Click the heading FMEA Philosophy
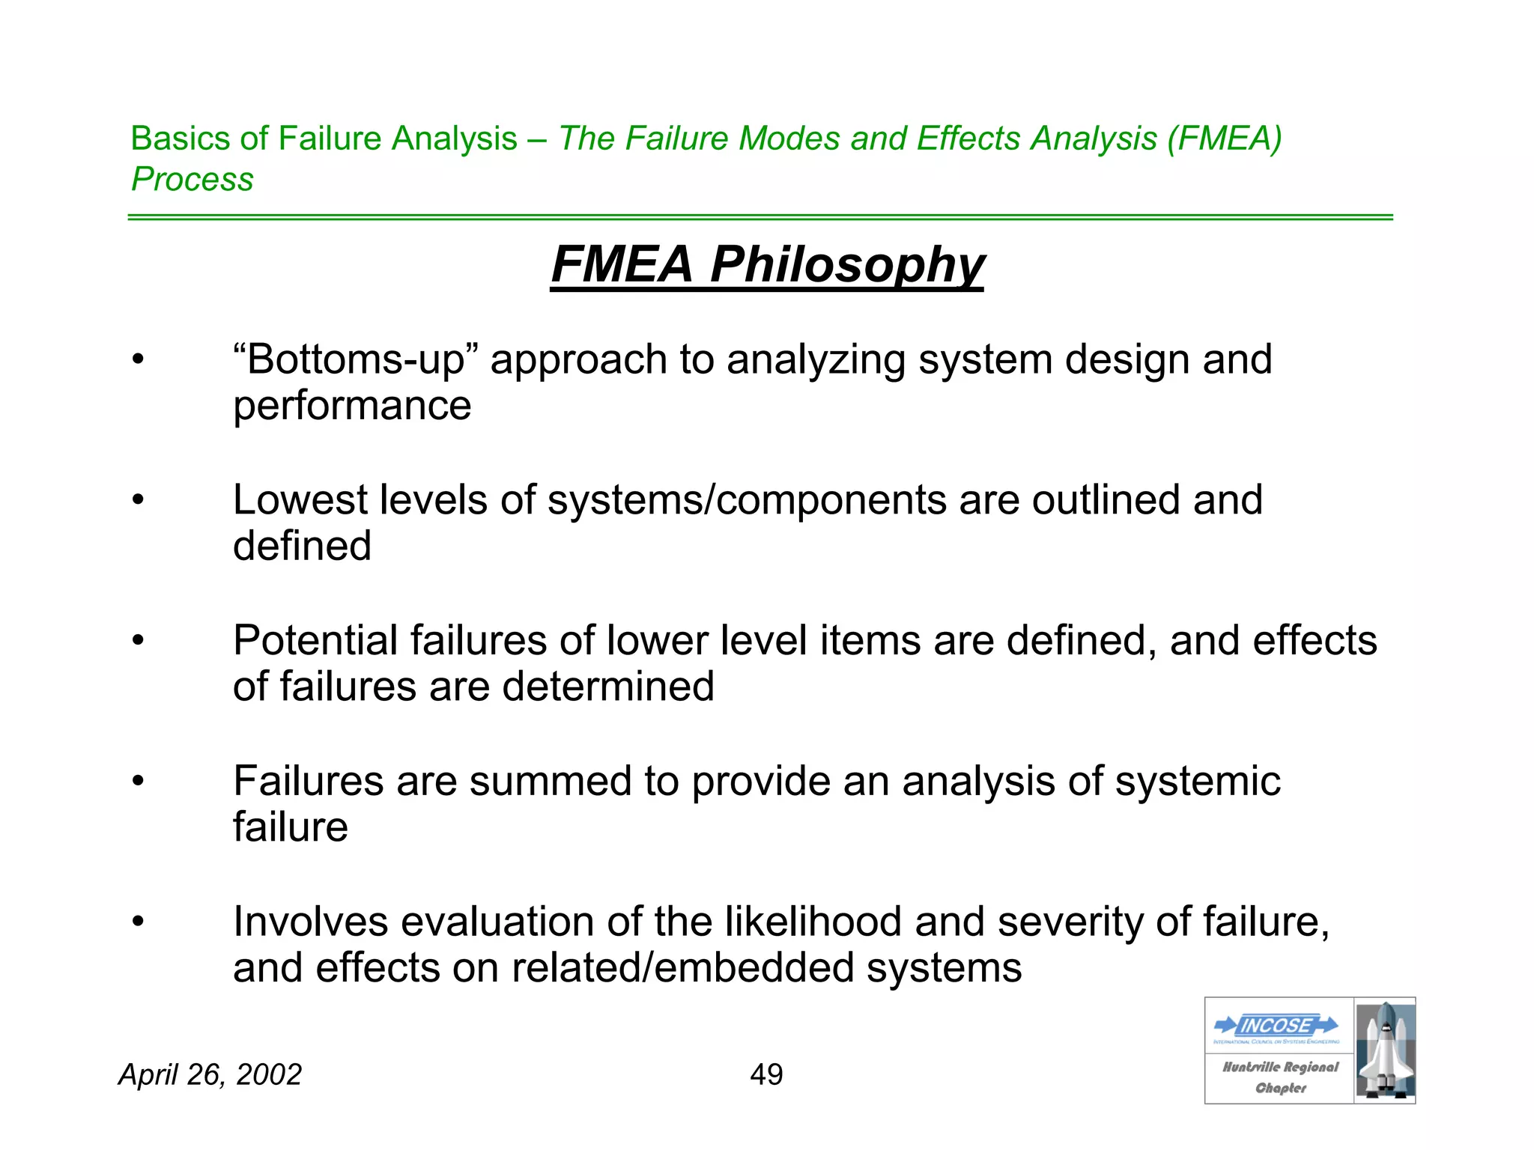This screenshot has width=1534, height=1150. (x=767, y=265)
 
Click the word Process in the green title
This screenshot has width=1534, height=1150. (x=192, y=180)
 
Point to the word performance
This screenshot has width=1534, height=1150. (x=352, y=407)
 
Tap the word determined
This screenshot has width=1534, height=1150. (x=607, y=687)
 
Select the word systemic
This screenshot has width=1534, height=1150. (x=1198, y=782)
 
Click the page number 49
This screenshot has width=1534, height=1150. (x=766, y=1075)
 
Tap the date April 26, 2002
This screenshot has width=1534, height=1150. (x=210, y=1075)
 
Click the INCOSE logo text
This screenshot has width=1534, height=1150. (x=1276, y=1025)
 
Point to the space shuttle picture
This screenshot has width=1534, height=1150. (x=1385, y=1050)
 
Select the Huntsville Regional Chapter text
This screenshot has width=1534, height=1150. (x=1280, y=1077)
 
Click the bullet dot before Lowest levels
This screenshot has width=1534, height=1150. (x=138, y=500)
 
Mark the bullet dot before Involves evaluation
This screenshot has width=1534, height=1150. (x=138, y=922)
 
